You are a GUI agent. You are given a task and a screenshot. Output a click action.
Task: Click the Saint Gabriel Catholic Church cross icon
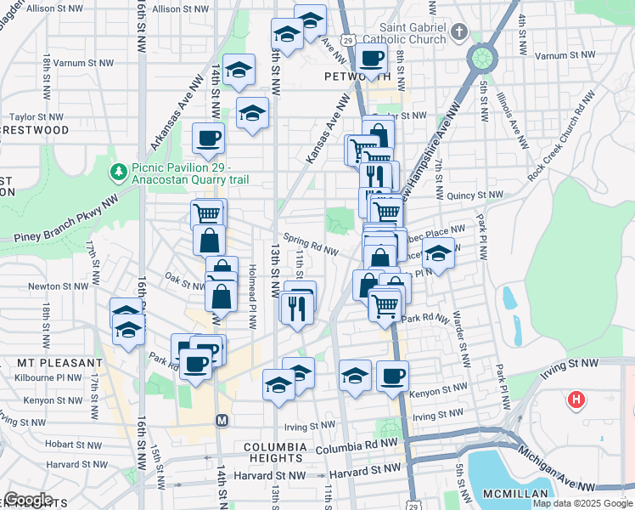click(x=459, y=31)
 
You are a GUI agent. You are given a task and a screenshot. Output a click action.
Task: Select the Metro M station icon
click(x=222, y=420)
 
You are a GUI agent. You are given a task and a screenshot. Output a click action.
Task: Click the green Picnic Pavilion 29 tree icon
click(x=120, y=173)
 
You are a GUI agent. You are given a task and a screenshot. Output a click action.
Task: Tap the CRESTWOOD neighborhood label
click(x=36, y=130)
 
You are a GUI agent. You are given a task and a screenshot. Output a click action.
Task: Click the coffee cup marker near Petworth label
click(x=372, y=59)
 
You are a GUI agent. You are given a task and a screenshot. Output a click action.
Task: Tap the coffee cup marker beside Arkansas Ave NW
click(x=208, y=137)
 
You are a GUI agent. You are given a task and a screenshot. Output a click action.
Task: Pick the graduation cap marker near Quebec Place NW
click(x=438, y=253)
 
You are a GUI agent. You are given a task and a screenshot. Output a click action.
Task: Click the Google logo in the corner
click(x=29, y=500)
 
